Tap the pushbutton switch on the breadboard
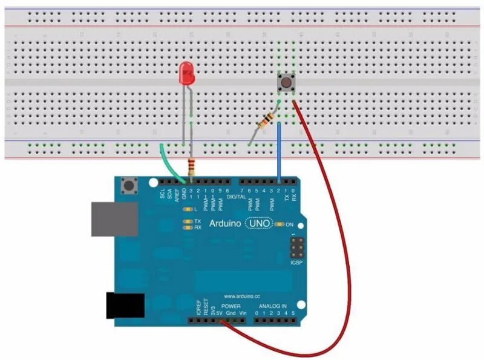[x=285, y=82]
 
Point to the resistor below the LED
[x=192, y=165]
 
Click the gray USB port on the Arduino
[x=114, y=218]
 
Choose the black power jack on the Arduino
[x=125, y=305]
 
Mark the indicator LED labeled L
[x=187, y=209]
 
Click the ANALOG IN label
[x=273, y=306]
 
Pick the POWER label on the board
[x=231, y=306]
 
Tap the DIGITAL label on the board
[x=237, y=197]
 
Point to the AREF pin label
[x=177, y=193]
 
